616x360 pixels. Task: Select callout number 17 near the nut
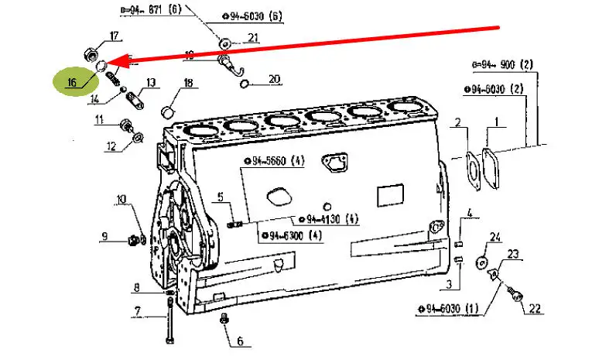point(115,36)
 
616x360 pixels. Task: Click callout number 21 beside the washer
point(253,38)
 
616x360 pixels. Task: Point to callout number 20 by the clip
point(253,78)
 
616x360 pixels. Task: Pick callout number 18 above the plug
point(188,82)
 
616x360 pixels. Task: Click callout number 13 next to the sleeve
point(150,82)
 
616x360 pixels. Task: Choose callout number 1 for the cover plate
point(496,122)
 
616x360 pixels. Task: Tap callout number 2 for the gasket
point(457,122)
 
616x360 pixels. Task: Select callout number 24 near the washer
point(496,237)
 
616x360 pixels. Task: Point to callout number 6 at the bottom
point(239,341)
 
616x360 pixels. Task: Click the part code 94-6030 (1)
point(453,309)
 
